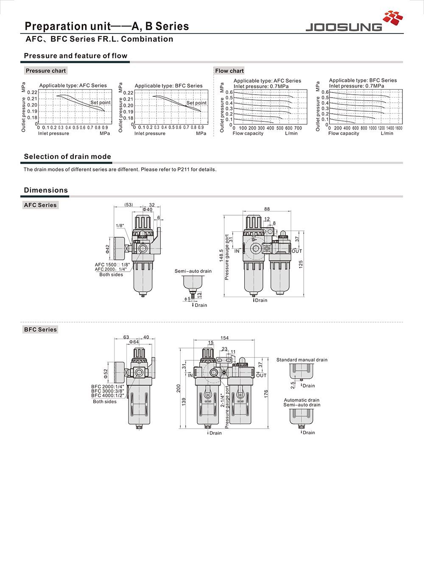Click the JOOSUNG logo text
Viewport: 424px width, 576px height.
[343, 27]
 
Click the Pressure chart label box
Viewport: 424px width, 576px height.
[46, 70]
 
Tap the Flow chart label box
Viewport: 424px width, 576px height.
[229, 71]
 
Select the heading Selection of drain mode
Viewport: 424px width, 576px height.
[67, 157]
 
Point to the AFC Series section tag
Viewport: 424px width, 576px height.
[40, 205]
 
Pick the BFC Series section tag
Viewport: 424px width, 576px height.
[40, 329]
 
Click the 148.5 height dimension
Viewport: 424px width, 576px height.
[221, 258]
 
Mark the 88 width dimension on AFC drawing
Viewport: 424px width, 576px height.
[267, 209]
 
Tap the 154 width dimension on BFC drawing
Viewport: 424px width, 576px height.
[224, 338]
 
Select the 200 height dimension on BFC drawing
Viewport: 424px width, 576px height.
[179, 388]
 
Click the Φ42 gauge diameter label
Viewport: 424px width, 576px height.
[108, 249]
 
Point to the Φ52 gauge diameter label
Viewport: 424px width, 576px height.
[106, 373]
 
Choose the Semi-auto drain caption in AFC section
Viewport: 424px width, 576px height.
[193, 271]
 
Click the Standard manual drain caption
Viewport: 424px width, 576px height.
[302, 360]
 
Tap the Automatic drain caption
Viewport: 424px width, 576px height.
[301, 400]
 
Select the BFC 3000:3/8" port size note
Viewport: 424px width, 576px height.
[108, 391]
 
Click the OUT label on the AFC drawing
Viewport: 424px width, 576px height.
[297, 251]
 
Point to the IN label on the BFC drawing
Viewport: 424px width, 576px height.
[190, 375]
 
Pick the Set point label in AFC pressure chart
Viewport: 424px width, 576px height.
[100, 102]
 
